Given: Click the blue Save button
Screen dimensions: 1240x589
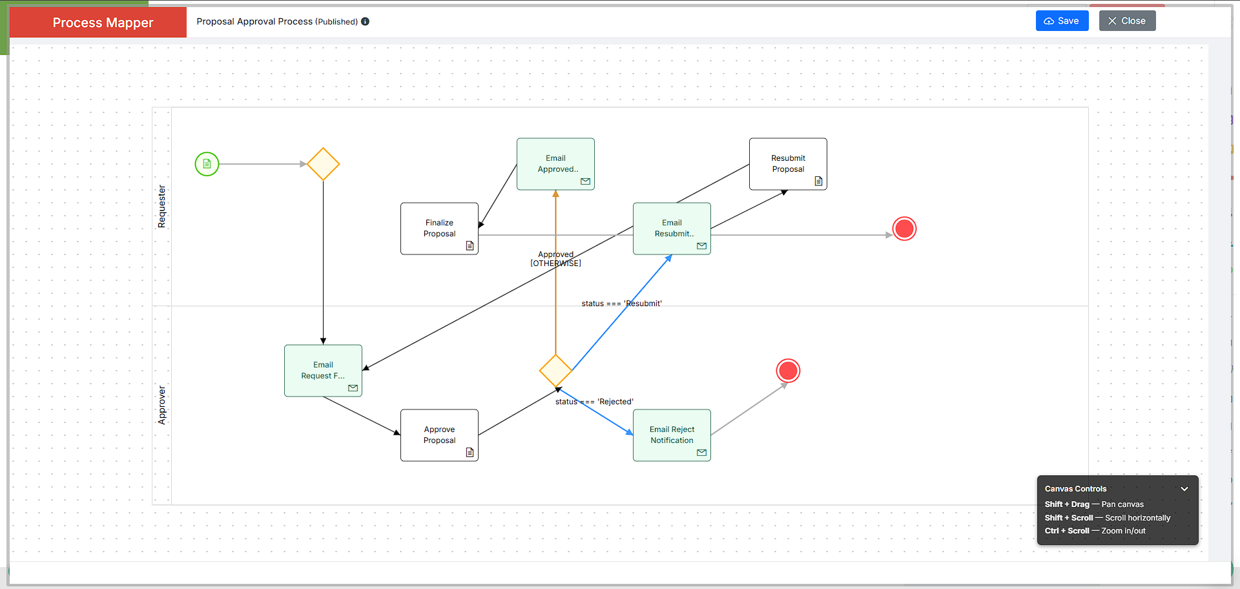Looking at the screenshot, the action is click(1062, 21).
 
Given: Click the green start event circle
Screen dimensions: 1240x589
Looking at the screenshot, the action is click(207, 164).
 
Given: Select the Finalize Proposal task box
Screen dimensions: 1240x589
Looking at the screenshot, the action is click(439, 229).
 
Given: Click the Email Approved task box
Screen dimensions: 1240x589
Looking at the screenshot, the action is click(555, 164).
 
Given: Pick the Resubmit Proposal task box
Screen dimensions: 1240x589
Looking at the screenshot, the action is click(788, 164).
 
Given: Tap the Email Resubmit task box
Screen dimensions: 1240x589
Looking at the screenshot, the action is click(672, 229).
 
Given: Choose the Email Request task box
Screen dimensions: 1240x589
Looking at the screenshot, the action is click(323, 371).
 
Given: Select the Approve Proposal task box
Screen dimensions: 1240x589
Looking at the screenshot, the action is click(439, 435).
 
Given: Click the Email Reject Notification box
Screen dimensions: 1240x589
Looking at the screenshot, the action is click(672, 435).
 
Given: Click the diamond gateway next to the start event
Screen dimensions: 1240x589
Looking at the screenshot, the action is click(323, 164).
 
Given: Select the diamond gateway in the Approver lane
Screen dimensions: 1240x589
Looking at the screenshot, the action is click(555, 371).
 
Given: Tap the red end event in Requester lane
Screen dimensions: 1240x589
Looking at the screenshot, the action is click(904, 229).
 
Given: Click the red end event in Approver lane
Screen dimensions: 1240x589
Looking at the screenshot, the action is click(788, 371).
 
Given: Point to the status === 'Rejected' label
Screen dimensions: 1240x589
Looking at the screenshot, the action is click(594, 402).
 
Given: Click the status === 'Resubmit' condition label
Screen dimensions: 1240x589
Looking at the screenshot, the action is click(621, 304).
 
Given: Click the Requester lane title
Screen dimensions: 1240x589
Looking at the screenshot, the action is click(161, 207).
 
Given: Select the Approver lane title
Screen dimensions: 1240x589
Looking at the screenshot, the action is click(161, 405).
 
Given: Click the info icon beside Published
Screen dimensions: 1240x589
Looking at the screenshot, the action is click(365, 21).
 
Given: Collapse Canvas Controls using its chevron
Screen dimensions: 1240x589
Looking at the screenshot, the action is click(1184, 489).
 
